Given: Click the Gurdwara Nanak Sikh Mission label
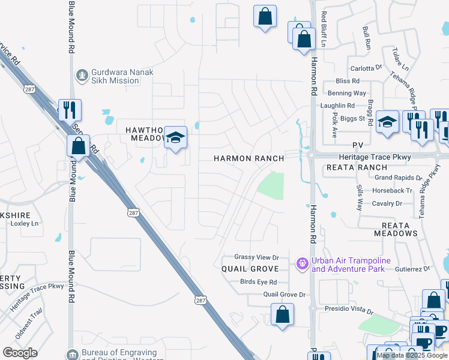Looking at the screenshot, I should tap(122, 77).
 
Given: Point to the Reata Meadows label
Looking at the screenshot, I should tap(396, 229).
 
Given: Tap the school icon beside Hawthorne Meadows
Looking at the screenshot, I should tap(176, 139).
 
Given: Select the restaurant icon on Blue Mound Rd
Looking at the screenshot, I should tap(70, 110).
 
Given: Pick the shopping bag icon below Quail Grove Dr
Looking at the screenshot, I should tap(282, 314).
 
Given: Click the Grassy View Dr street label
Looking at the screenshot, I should tap(257, 257).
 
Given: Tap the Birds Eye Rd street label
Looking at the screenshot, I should tap(258, 282).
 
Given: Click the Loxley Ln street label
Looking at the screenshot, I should tap(25, 223).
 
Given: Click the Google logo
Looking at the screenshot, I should tap(20, 353).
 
